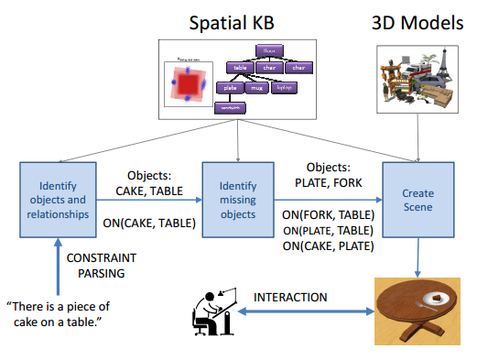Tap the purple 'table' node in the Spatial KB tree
click(242, 67)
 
